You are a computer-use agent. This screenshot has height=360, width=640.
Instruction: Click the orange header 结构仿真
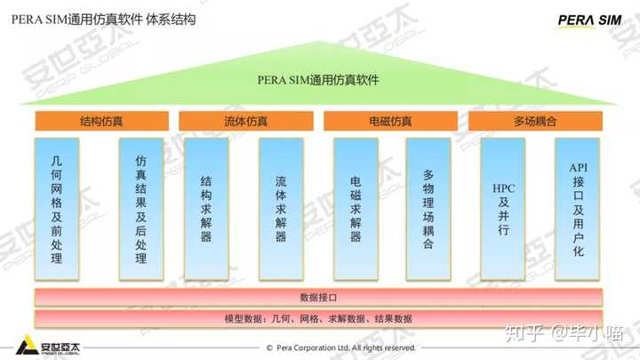[101, 121]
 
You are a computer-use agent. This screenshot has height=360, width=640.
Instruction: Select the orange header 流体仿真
[245, 121]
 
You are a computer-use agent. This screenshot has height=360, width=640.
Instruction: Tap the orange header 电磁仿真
[389, 121]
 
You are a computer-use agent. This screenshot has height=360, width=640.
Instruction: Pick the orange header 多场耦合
[534, 121]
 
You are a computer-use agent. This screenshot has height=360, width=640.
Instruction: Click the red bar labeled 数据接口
[318, 297]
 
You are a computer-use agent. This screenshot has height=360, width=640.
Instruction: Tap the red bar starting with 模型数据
[318, 317]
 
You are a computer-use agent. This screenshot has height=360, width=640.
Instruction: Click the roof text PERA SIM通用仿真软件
[318, 80]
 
